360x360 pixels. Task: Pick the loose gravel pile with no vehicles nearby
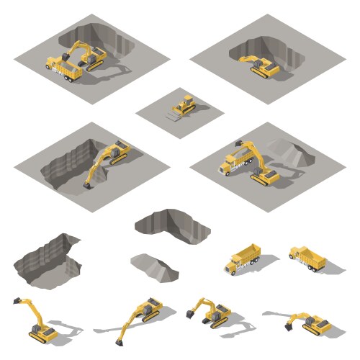click(154, 264)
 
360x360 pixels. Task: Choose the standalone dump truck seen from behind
click(308, 258)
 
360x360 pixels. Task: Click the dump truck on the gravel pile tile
click(234, 163)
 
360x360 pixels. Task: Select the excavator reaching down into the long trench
click(108, 158)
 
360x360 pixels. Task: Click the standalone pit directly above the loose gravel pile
click(173, 224)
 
